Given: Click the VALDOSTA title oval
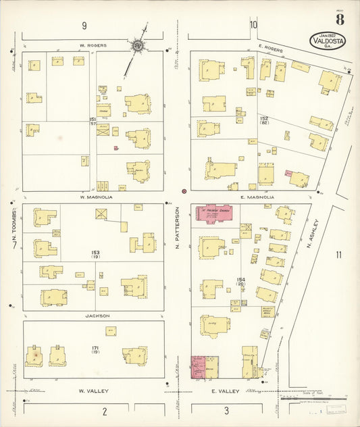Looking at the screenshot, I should click(328, 41).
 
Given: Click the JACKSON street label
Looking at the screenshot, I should click(97, 315).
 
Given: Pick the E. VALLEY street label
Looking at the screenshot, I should click(222, 391).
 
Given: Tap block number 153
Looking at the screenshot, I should click(96, 253).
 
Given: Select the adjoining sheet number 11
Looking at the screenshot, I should click(338, 255).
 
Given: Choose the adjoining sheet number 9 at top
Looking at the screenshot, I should click(84, 26).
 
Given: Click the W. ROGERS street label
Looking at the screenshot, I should click(93, 45).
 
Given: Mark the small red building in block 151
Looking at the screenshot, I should click(116, 147).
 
